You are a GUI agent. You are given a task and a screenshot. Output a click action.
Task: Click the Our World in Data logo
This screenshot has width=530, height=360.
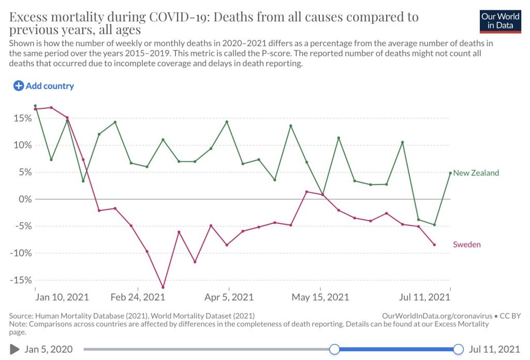click(x=500, y=21)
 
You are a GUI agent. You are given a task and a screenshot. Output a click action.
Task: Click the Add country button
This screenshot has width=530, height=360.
click(x=43, y=86)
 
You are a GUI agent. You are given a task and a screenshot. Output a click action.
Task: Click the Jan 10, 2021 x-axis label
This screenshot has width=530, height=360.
click(x=62, y=297)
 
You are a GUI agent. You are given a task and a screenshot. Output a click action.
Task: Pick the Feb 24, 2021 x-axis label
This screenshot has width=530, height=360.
click(x=138, y=297)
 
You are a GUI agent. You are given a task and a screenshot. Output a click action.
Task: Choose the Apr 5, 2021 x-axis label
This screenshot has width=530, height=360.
click(x=229, y=297)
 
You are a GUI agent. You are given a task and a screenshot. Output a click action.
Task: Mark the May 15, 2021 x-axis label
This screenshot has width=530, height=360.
click(x=320, y=297)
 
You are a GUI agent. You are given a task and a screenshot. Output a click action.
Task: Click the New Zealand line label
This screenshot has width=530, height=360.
click(x=476, y=173)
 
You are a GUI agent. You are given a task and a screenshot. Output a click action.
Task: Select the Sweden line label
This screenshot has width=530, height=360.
click(x=467, y=244)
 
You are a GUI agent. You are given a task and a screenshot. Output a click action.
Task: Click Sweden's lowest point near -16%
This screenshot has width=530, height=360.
click(x=163, y=287)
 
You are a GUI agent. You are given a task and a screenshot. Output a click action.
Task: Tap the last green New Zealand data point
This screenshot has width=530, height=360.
click(x=450, y=173)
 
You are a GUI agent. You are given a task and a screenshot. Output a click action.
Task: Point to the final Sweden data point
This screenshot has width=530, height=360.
click(x=434, y=244)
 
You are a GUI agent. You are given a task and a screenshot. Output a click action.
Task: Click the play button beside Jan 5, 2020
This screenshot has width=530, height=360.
click(x=14, y=349)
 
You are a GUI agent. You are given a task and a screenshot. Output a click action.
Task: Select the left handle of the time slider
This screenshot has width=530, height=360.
click(x=334, y=349)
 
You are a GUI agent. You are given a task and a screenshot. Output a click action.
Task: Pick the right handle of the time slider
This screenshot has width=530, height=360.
click(x=458, y=349)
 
